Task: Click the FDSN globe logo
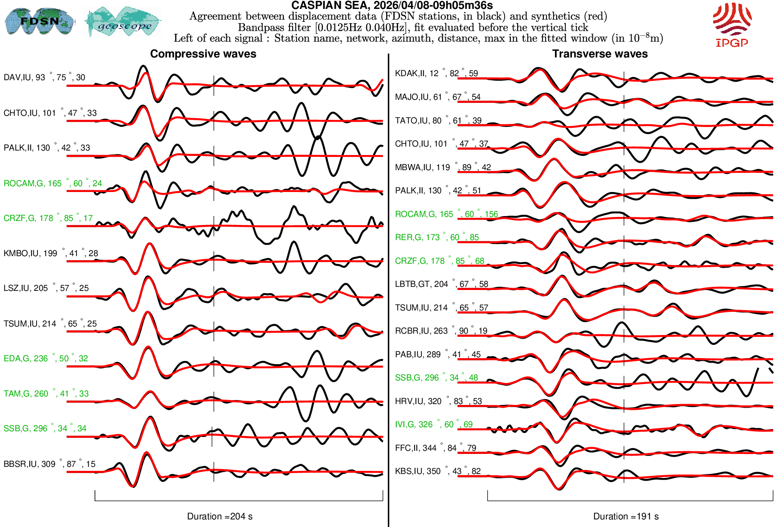pyautogui.click(x=39, y=21)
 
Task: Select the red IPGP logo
pyautogui.click(x=732, y=25)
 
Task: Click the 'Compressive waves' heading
pyautogui.click(x=203, y=54)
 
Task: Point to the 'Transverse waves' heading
pyautogui.click(x=600, y=54)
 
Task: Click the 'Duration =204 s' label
pyautogui.click(x=220, y=516)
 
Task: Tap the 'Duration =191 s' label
pyautogui.click(x=626, y=516)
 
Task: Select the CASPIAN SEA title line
pyautogui.click(x=392, y=5)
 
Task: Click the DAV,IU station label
pyautogui.click(x=44, y=78)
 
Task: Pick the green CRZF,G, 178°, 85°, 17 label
pyautogui.click(x=48, y=218)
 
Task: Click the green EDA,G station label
pyautogui.click(x=45, y=359)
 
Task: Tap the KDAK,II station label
pyautogui.click(x=436, y=74)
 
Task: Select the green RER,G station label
pyautogui.click(x=436, y=237)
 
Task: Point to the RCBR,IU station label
pyautogui.click(x=441, y=331)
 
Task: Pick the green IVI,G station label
pyautogui.click(x=433, y=425)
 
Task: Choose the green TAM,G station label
pyautogui.click(x=46, y=394)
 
